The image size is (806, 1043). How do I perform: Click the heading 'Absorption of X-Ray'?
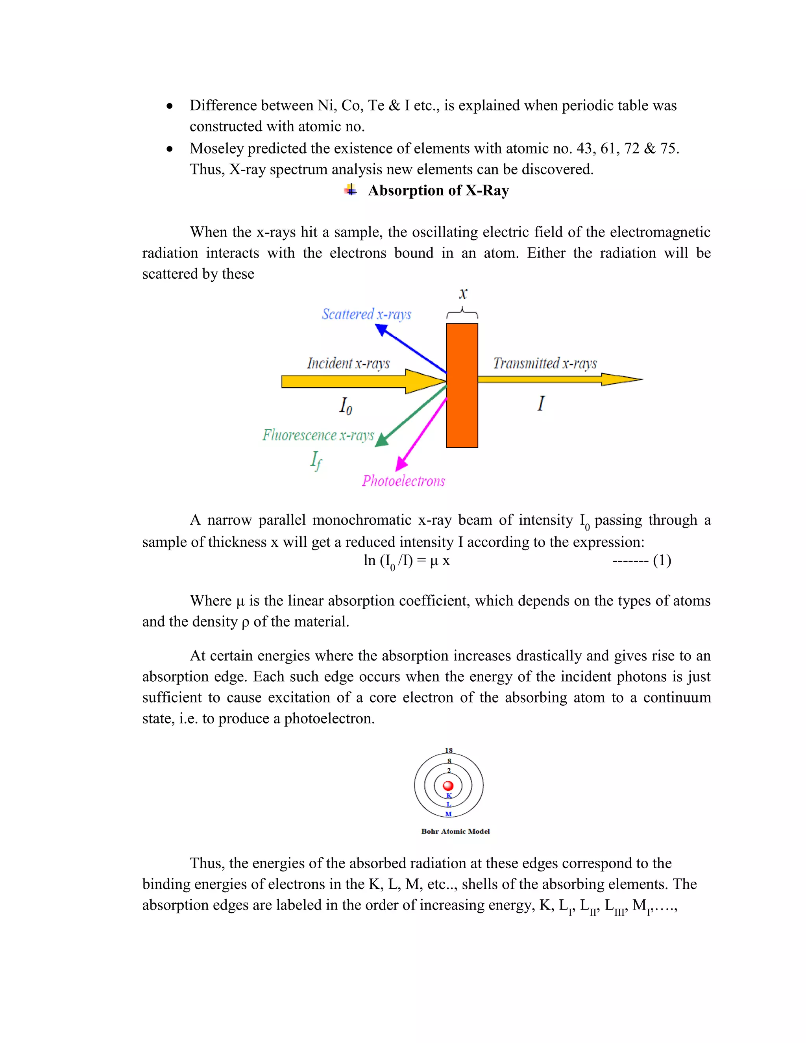click(x=438, y=190)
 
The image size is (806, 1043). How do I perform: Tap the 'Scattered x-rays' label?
click(x=366, y=314)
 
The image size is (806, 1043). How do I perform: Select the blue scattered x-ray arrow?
click(x=412, y=349)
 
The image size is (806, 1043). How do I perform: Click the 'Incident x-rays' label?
click(x=348, y=363)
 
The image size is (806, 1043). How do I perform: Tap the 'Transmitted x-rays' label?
click(x=545, y=363)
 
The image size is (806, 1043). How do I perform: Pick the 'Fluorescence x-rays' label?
click(x=318, y=435)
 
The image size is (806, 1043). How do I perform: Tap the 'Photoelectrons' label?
click(x=403, y=481)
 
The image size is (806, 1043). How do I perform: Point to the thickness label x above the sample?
click(x=463, y=293)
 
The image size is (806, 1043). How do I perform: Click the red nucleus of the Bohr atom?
click(x=448, y=786)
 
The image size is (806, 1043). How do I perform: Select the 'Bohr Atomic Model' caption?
click(x=455, y=831)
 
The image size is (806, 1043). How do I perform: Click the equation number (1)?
click(x=662, y=560)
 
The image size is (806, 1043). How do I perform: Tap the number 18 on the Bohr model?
click(x=448, y=750)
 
